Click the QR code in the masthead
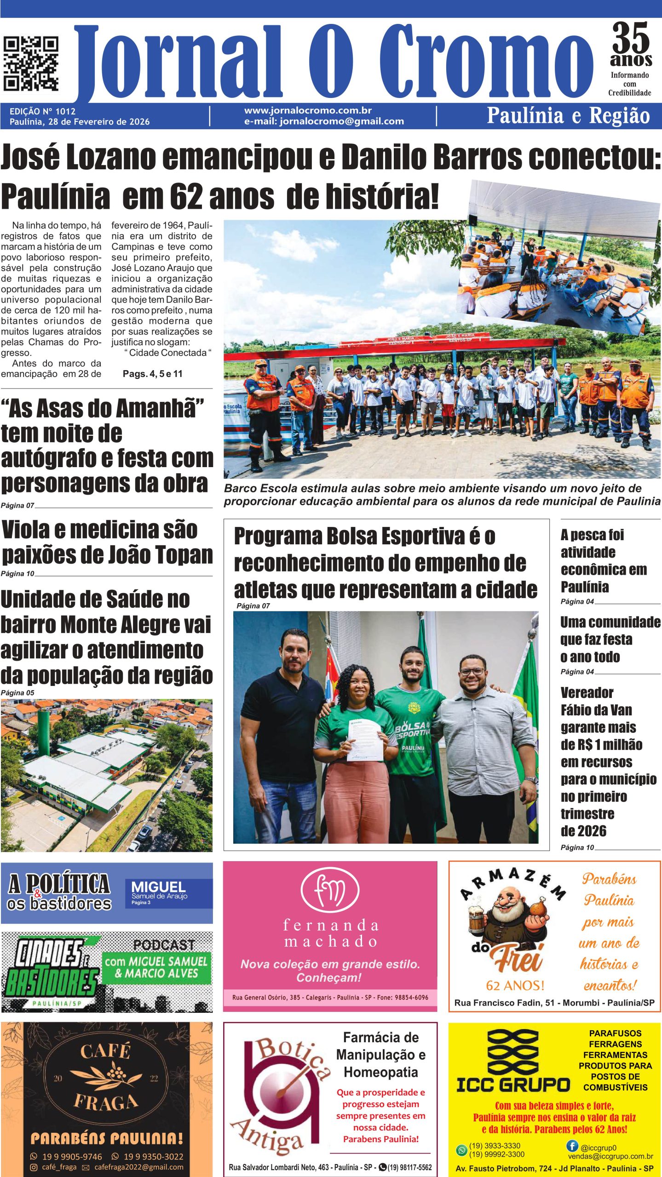point(31,63)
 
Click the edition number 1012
point(65,111)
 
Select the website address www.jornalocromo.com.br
point(308,110)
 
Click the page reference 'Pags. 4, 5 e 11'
point(152,374)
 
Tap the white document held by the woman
point(363,740)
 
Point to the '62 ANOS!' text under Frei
point(515,985)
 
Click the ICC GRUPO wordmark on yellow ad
point(513,1085)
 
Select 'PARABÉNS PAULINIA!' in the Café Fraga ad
point(107,1138)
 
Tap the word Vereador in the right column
point(587,692)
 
